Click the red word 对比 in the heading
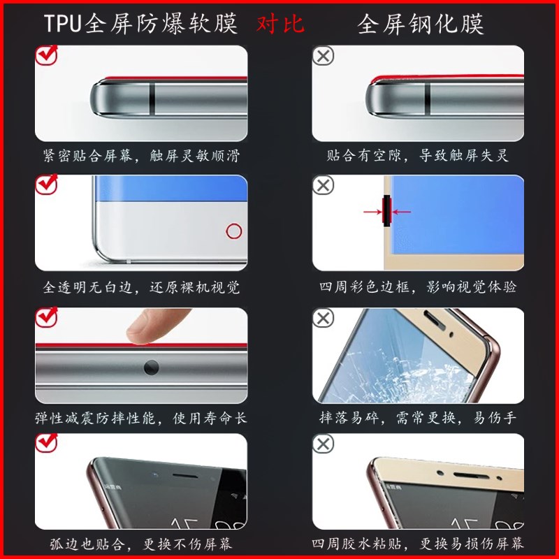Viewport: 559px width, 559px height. click(280, 24)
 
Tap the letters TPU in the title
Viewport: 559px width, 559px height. click(63, 24)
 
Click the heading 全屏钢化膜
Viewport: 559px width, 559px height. click(421, 24)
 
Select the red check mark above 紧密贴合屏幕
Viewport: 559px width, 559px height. click(47, 55)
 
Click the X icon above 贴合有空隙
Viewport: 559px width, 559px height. click(323, 56)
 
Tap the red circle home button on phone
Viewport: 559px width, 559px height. click(234, 231)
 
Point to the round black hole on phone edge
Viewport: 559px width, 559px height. click(151, 368)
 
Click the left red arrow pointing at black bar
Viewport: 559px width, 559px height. click(372, 212)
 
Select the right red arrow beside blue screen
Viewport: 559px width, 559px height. click(401, 212)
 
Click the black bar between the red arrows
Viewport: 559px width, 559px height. click(387, 210)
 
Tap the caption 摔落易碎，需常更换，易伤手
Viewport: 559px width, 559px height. click(418, 417)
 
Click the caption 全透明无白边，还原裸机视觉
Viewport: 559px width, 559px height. click(141, 287)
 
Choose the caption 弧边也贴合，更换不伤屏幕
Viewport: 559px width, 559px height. click(141, 544)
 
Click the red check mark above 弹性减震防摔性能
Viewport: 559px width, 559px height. click(47, 317)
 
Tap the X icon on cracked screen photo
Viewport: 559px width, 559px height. click(323, 318)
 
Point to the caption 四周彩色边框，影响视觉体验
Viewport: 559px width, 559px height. click(418, 287)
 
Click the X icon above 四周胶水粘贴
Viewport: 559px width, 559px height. click(323, 444)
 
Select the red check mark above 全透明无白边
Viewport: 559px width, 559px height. click(47, 184)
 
